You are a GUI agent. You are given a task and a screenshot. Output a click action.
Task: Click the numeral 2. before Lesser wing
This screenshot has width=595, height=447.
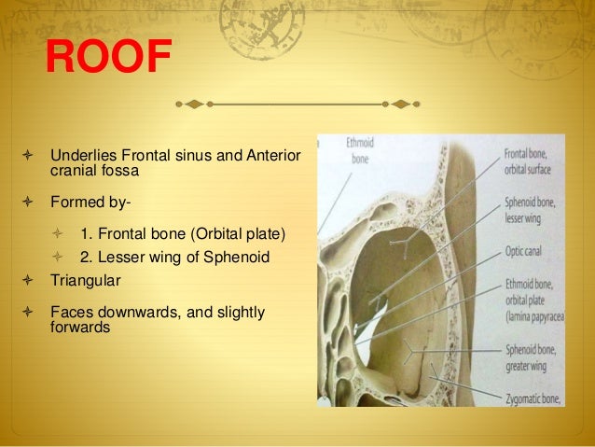pyautogui.click(x=88, y=257)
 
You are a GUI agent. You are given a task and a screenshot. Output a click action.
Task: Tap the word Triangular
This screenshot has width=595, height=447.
pyautogui.click(x=87, y=279)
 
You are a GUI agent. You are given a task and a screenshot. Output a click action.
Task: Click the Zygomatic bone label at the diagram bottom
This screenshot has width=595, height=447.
pyautogui.click(x=533, y=398)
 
